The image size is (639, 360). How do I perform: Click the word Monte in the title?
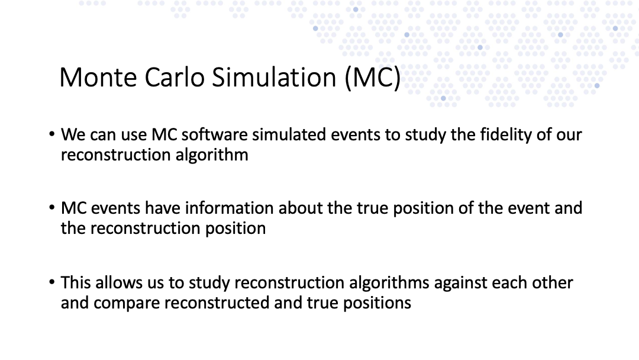[98, 77]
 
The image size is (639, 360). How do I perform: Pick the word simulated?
[289, 134]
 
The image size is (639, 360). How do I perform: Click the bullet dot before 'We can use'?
[51, 134]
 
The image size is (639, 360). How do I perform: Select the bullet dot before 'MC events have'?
[51, 207]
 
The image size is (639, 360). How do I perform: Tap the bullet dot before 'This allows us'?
[51, 282]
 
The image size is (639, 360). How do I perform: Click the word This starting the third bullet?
[76, 282]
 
